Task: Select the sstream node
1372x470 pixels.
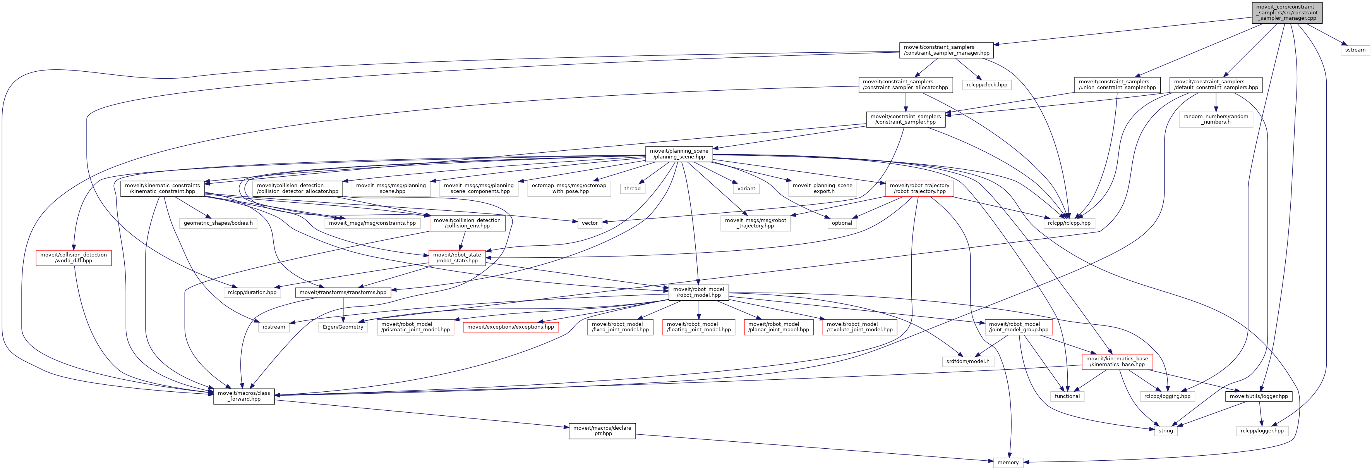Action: click(x=1355, y=50)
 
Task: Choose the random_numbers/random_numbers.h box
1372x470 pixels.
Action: click(x=1216, y=119)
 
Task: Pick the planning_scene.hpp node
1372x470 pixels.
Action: click(x=679, y=154)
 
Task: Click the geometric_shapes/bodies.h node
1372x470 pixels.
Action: click(x=218, y=223)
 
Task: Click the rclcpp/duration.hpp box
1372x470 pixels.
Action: click(x=252, y=293)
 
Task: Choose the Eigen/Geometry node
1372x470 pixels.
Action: click(x=343, y=327)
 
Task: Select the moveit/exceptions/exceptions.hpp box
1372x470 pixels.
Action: click(x=510, y=327)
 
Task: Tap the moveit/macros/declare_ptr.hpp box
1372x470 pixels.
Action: click(x=602, y=430)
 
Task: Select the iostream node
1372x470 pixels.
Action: click(x=274, y=327)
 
